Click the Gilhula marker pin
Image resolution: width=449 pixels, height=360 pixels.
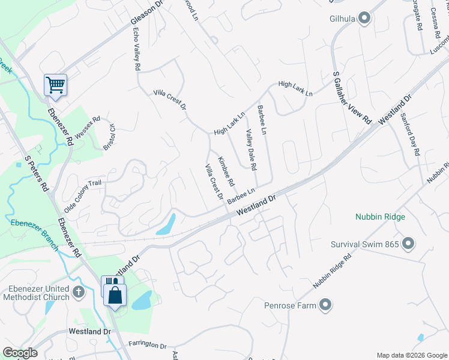pos(364,19)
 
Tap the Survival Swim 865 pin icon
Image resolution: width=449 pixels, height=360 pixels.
pos(408,244)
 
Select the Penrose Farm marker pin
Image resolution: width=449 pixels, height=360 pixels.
pos(325,305)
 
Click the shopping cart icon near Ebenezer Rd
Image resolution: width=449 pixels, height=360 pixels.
pos(55,85)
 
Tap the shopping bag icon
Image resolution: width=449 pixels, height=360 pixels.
pos(114,295)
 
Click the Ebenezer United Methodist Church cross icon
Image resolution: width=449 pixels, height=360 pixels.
pos(78,292)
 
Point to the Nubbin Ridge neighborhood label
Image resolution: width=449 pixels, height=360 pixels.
pos(380,217)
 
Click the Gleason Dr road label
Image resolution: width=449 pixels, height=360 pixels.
pos(147,13)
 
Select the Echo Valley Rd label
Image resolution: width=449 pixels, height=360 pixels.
pos(136,50)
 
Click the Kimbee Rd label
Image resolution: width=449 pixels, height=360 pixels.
pos(226,171)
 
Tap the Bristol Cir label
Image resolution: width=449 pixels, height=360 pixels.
pos(109,137)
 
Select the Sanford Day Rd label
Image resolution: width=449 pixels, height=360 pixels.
pos(411,134)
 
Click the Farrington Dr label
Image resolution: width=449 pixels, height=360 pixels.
pos(147,345)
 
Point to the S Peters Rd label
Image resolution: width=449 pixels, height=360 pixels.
pos(37,174)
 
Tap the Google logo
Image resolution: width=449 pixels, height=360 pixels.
pos(20,352)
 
